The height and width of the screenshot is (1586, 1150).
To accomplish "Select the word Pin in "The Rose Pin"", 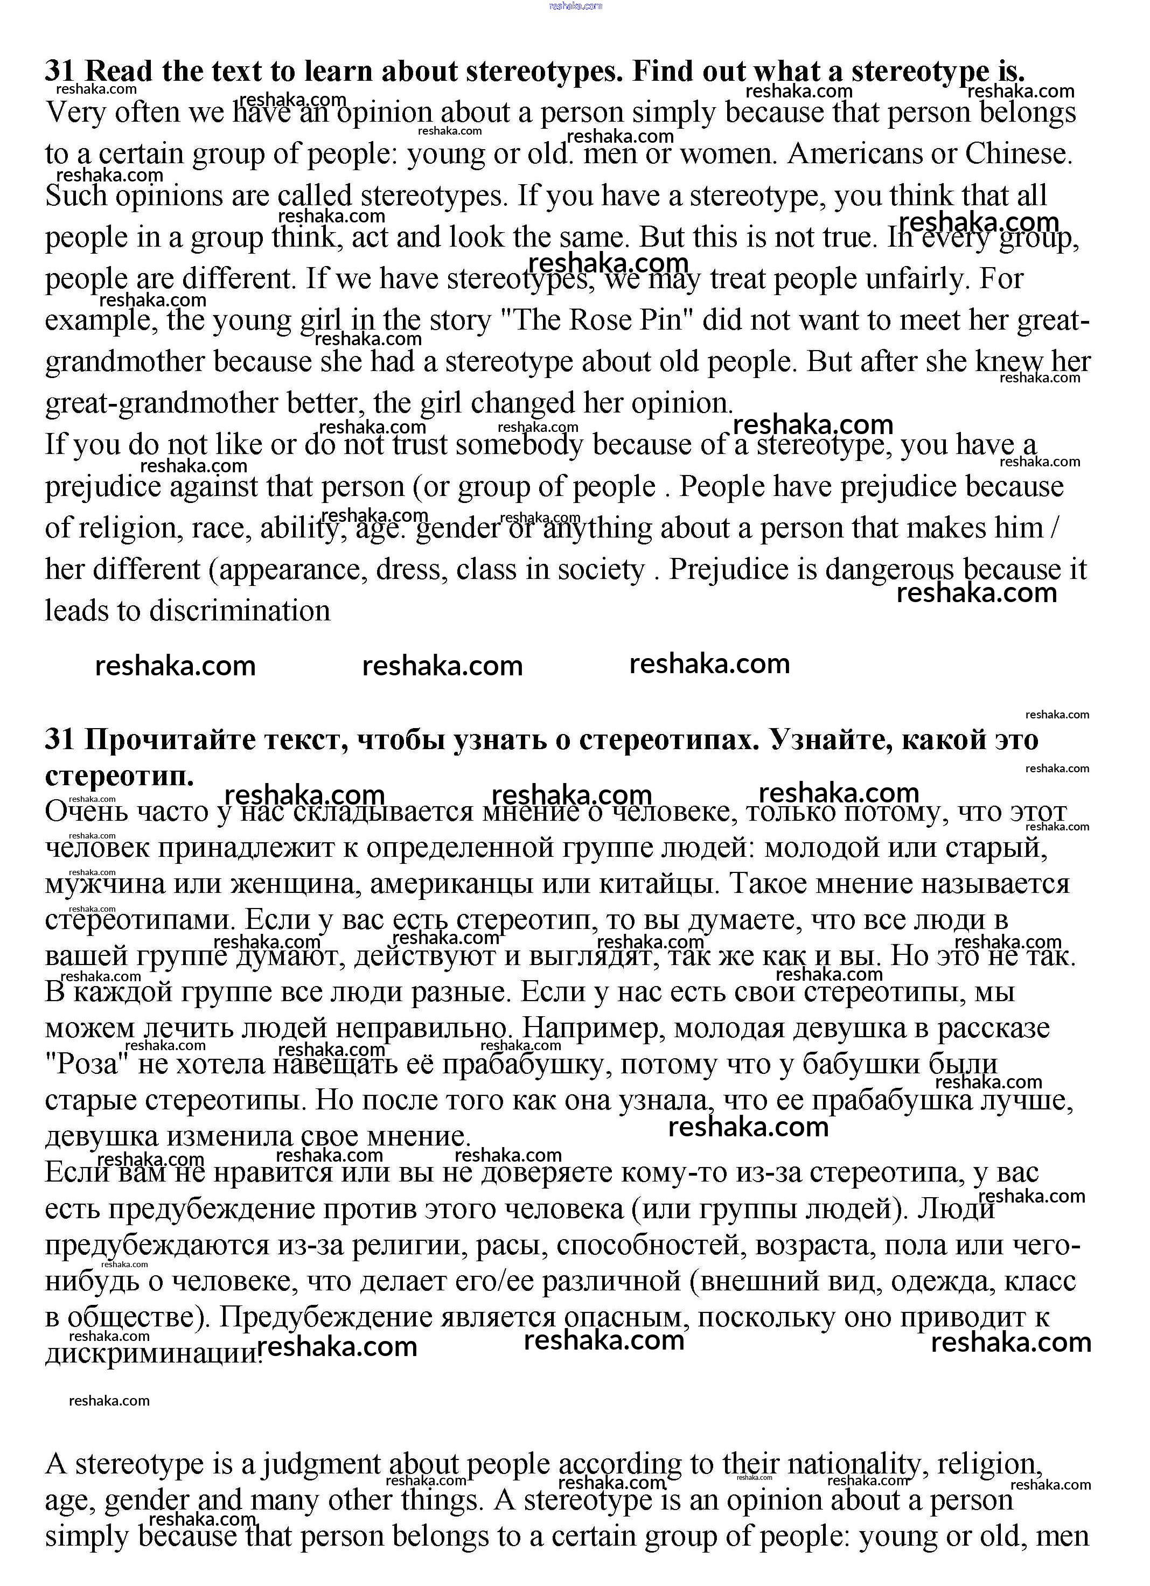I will tap(660, 320).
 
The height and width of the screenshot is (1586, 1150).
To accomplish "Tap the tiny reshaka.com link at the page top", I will tap(575, 5).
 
